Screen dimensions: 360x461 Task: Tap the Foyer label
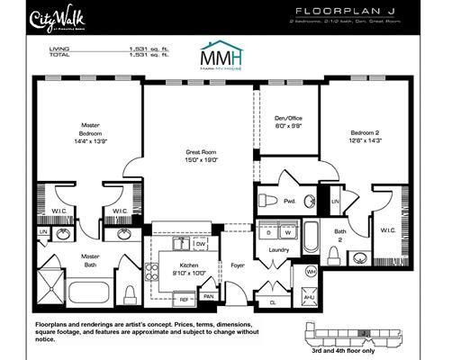point(239,265)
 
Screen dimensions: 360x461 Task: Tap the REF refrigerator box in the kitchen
point(184,298)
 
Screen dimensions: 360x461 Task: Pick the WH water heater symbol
point(310,271)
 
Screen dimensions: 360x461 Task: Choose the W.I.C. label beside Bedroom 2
point(388,229)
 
